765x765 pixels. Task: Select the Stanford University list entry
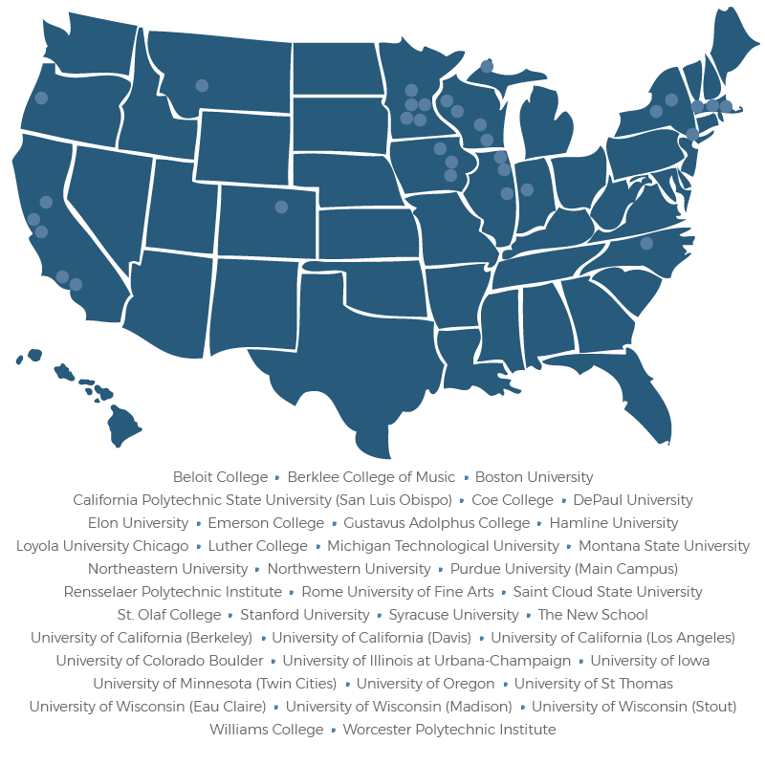click(x=304, y=615)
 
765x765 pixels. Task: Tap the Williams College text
click(x=267, y=730)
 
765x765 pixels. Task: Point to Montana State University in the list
click(x=664, y=546)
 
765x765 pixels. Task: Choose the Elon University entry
click(x=138, y=523)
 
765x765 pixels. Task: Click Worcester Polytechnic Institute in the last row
click(x=448, y=730)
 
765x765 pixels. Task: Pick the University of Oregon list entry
click(x=426, y=684)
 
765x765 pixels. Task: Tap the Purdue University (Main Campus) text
click(x=564, y=569)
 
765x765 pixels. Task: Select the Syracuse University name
click(x=453, y=615)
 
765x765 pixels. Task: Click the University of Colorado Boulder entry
click(x=159, y=661)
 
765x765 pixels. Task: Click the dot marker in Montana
click(x=202, y=85)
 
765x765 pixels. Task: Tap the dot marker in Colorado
click(x=281, y=207)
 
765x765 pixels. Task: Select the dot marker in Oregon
click(x=41, y=98)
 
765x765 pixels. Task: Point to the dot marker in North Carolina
click(x=646, y=243)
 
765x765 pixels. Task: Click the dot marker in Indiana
click(x=527, y=189)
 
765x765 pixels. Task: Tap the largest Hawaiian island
click(x=123, y=426)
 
